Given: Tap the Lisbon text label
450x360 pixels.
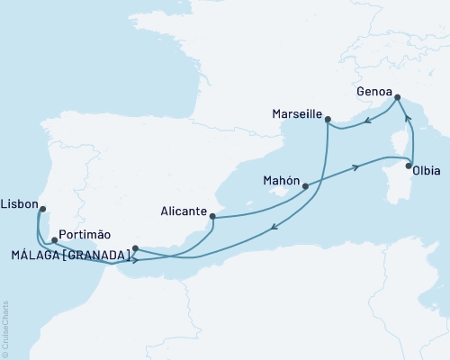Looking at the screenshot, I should tap(19, 204).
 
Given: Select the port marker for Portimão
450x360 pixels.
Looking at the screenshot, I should tap(55, 240).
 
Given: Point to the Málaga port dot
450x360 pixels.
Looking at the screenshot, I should tap(135, 248).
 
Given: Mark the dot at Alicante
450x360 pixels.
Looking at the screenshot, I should tap(211, 215).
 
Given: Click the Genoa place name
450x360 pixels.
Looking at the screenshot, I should tap(374, 91).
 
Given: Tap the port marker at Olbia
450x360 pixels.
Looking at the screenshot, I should tap(409, 166).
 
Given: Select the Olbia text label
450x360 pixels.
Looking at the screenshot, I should tap(424, 181).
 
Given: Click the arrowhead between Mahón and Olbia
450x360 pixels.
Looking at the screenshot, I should tap(359, 166).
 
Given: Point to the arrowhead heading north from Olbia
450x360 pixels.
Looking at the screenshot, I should tap(406, 116).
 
